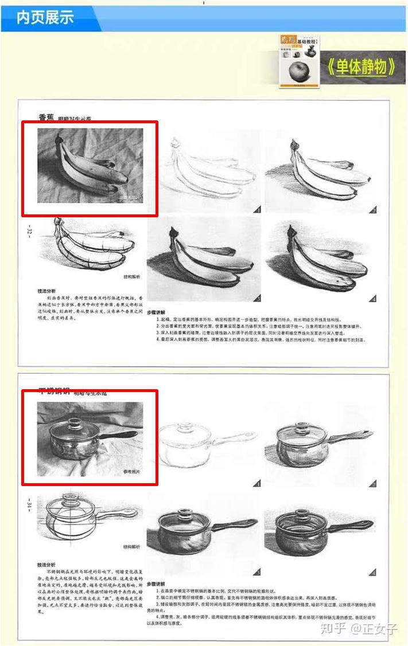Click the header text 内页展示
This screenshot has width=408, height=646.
pos(45,17)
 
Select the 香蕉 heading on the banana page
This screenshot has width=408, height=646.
pos(46,118)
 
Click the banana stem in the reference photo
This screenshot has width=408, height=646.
pos(59,139)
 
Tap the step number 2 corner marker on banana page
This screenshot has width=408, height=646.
pos(372,210)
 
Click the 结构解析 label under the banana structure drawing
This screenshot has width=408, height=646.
pos(131,276)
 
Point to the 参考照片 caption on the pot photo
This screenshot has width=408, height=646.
pos(131,471)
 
